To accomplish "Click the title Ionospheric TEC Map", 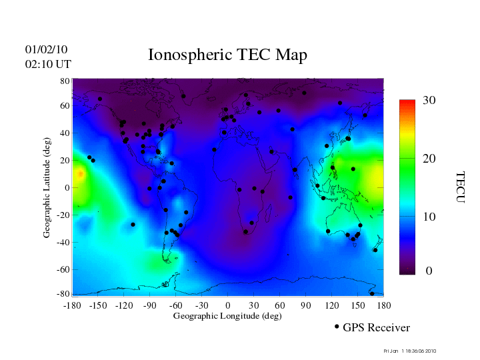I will pos(227,55).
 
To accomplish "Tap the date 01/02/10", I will pos(46,49).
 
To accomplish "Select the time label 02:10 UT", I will pos(48,64).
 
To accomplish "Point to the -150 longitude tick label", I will pos(97,305).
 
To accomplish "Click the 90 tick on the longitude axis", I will pos(306,305).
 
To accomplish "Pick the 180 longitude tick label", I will pos(383,305).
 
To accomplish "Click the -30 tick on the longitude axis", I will pos(201,305).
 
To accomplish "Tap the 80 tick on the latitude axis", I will pos(65,81).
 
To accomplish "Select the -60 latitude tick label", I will pos(63,270).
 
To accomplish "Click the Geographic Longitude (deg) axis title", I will pos(227,316).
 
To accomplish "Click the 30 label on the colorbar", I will pos(429,100).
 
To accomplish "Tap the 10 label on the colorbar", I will pos(429,217).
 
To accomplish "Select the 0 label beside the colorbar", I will pos(429,271).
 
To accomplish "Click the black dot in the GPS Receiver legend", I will pos(337,327).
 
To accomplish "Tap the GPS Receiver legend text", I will pos(376,327).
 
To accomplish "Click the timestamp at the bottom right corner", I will pos(410,351).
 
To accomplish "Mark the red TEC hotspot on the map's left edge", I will pos(79,175).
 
